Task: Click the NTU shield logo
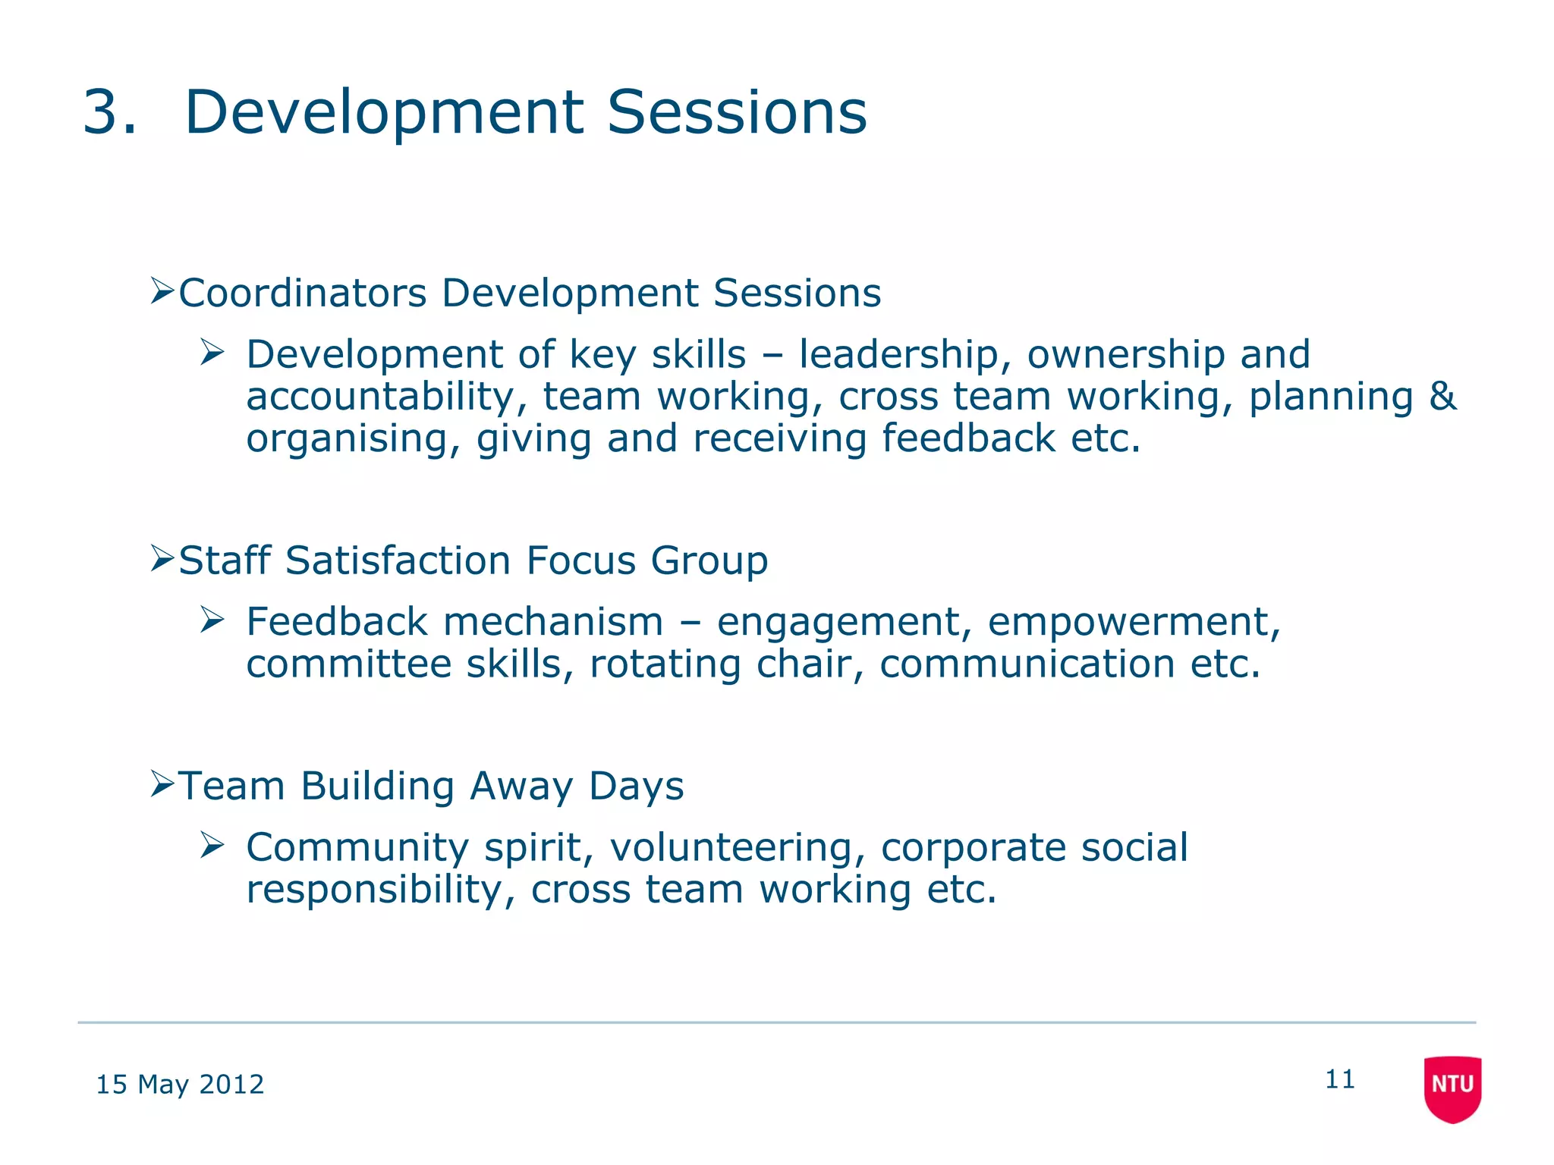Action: (x=1452, y=1087)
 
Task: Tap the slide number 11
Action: (x=1340, y=1079)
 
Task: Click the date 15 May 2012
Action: (x=180, y=1085)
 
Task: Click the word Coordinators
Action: (x=303, y=294)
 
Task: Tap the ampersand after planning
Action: (x=1442, y=397)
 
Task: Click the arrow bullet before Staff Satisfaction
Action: (x=162, y=558)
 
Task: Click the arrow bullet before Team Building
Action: (x=162, y=783)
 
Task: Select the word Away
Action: (x=521, y=787)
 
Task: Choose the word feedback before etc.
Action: (x=968, y=439)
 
